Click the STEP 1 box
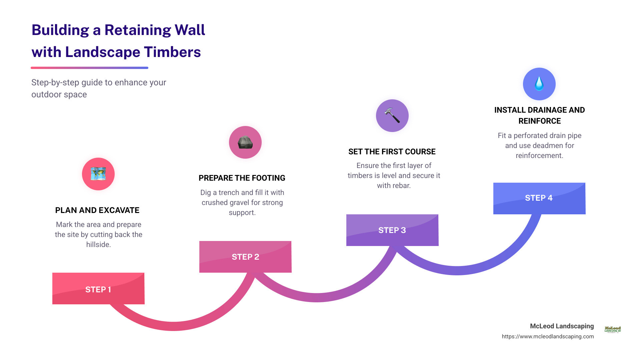(98, 289)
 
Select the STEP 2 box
(245, 257)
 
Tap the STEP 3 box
(392, 230)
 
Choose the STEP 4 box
(539, 198)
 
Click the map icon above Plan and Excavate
(98, 174)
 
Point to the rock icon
(245, 142)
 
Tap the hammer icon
(392, 116)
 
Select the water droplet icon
(539, 84)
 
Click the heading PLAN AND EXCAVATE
(97, 210)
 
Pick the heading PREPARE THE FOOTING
(242, 178)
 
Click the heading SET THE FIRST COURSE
(392, 152)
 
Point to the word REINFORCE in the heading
(539, 121)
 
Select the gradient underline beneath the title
(89, 68)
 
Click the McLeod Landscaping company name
(562, 326)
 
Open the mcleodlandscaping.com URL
(548, 336)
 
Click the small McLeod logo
(613, 329)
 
